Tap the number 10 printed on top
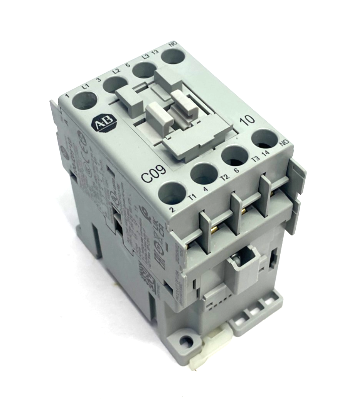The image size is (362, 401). coord(247,119)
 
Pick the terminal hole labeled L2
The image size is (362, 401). coord(115,84)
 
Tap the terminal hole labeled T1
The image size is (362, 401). coord(172,192)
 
